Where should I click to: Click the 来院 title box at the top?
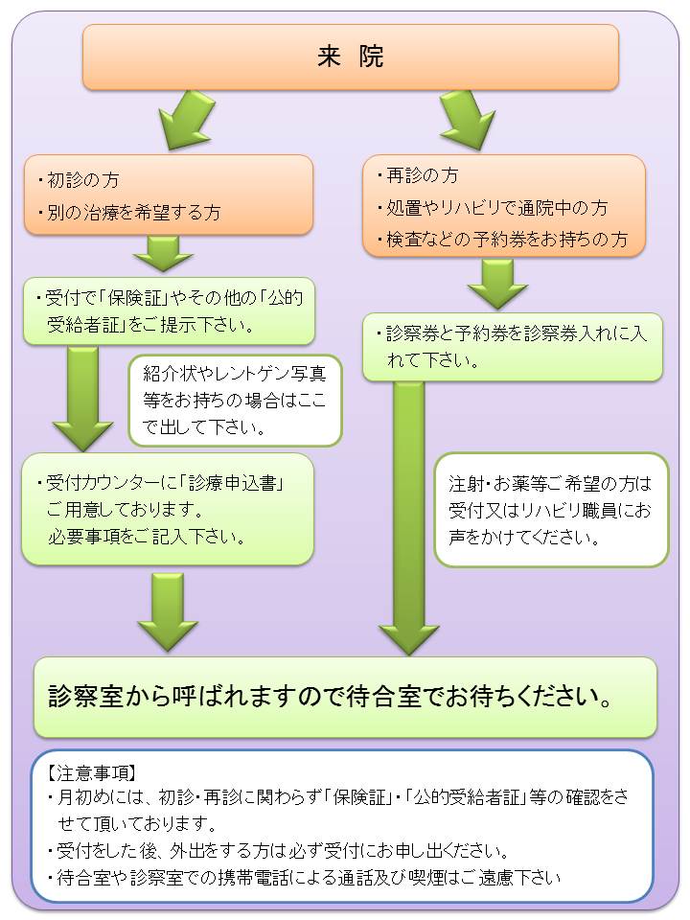[350, 57]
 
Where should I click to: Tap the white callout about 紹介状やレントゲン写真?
[236, 400]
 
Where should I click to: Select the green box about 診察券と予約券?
[513, 347]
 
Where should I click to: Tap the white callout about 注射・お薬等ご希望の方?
[550, 510]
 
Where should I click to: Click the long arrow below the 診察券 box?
[409, 517]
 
